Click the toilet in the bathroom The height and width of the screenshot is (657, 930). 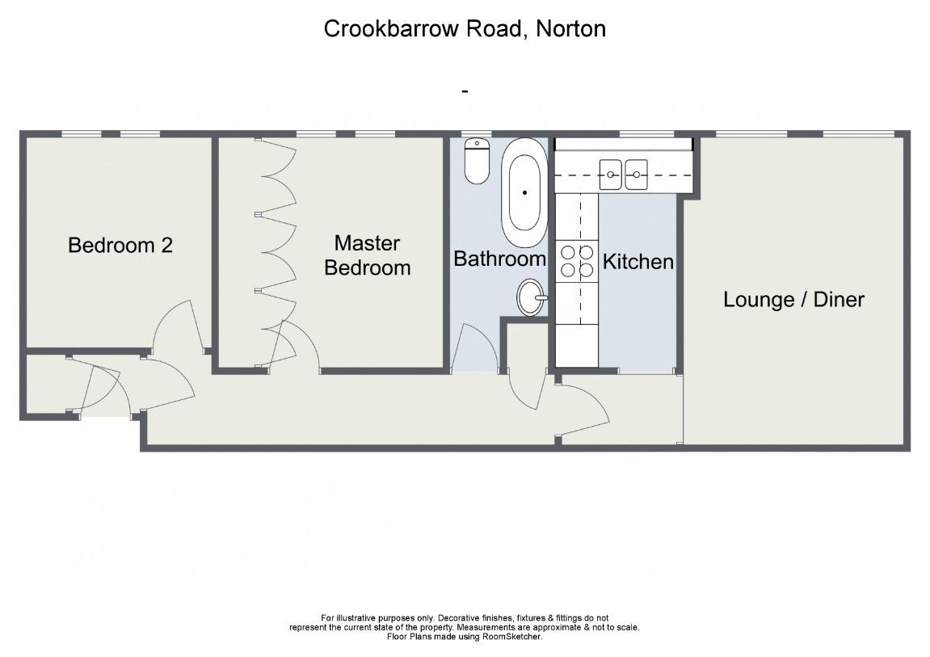click(x=478, y=162)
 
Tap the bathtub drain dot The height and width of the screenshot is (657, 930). click(x=525, y=192)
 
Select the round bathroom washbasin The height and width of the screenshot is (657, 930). click(x=531, y=297)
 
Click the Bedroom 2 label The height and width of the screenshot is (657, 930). click(x=120, y=245)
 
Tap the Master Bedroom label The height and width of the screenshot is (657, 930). click(x=368, y=255)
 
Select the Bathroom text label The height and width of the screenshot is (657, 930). click(x=499, y=259)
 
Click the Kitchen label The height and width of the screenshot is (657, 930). click(x=638, y=262)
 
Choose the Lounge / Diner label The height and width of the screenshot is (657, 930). click(x=793, y=300)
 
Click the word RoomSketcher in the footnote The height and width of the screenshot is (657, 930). click(x=512, y=637)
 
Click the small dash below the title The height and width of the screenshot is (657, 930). click(x=465, y=91)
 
